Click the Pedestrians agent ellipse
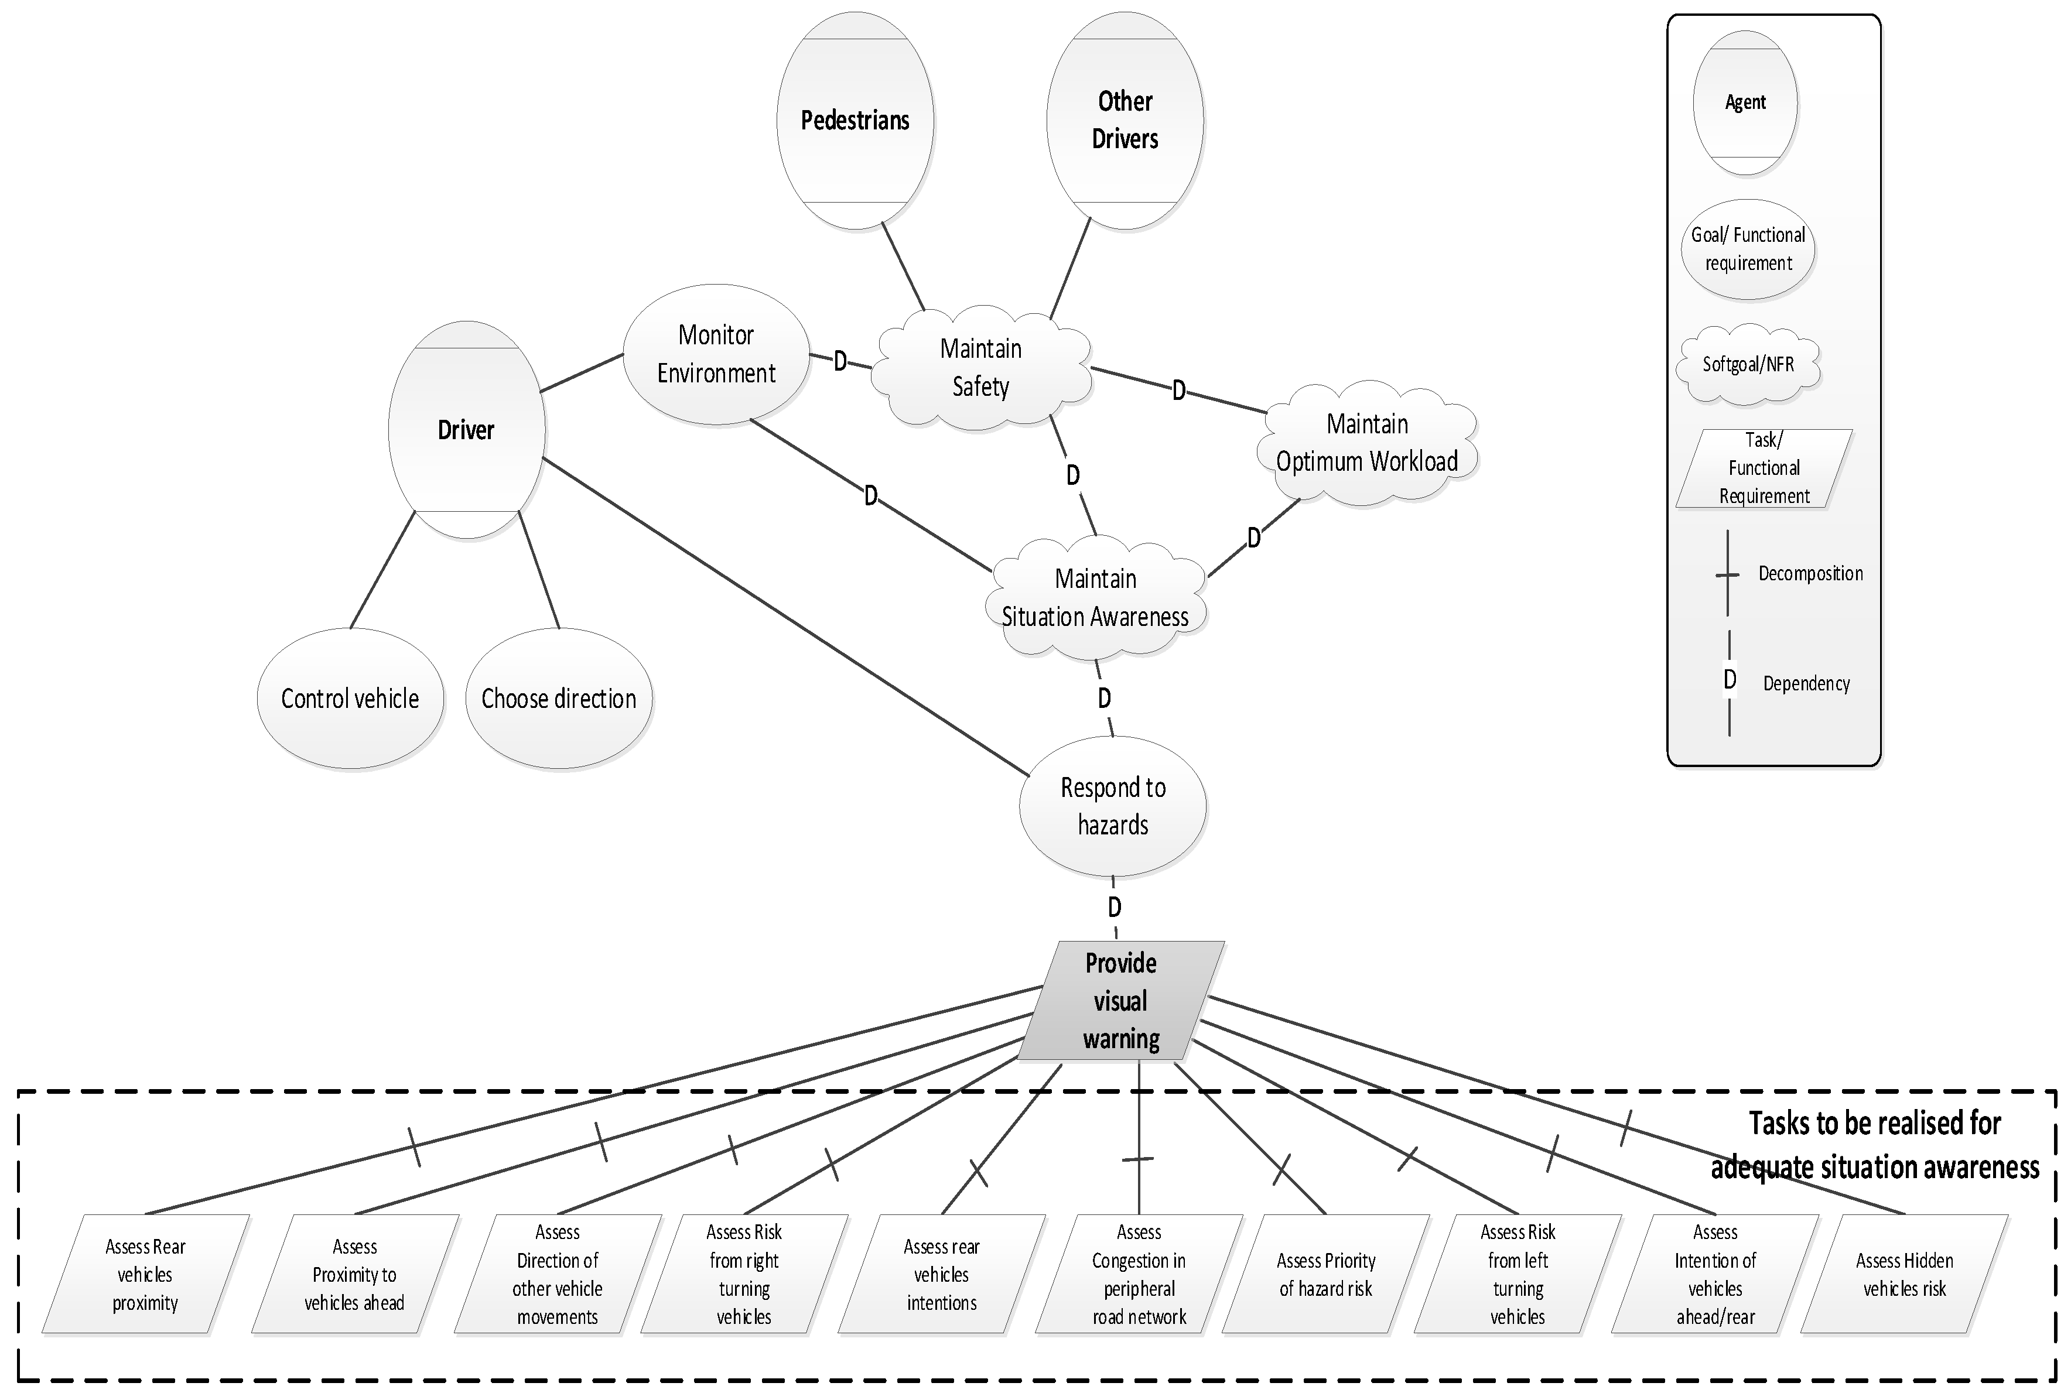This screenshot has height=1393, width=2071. click(x=855, y=120)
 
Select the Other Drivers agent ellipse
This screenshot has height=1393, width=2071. click(x=1125, y=120)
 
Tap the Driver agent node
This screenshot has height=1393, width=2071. click(x=466, y=430)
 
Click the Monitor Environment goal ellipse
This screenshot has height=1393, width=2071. click(x=716, y=354)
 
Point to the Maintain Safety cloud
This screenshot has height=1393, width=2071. click(x=981, y=368)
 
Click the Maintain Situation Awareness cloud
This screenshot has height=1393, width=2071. click(x=1095, y=598)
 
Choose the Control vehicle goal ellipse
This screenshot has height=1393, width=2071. click(x=350, y=699)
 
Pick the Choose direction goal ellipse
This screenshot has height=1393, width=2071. click(x=559, y=699)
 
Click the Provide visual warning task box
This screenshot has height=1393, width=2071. click(x=1120, y=1001)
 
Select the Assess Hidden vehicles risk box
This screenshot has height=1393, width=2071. click(x=1904, y=1274)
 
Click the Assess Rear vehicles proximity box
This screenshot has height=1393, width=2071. click(x=146, y=1274)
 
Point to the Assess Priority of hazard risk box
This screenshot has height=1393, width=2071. click(x=1325, y=1274)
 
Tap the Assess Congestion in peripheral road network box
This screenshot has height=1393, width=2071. click(x=1139, y=1274)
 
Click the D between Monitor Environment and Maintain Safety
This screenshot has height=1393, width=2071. click(x=840, y=361)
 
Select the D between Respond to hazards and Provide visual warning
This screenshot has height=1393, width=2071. click(x=1114, y=907)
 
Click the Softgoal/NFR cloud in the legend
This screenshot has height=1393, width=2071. click(x=1748, y=364)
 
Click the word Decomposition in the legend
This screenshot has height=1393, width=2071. click(x=1810, y=574)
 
